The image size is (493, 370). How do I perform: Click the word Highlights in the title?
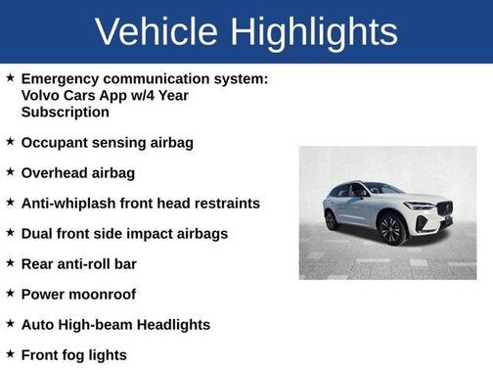(316, 31)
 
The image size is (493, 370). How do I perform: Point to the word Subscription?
(67, 112)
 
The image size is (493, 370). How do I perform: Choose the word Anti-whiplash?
(71, 203)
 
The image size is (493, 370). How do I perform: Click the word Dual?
(39, 233)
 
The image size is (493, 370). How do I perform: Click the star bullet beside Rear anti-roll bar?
(10, 262)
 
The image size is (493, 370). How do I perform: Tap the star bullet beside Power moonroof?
(10, 293)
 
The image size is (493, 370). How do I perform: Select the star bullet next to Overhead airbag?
(10, 171)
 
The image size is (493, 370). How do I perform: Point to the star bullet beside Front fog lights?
(10, 353)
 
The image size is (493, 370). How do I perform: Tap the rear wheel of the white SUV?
(333, 218)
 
